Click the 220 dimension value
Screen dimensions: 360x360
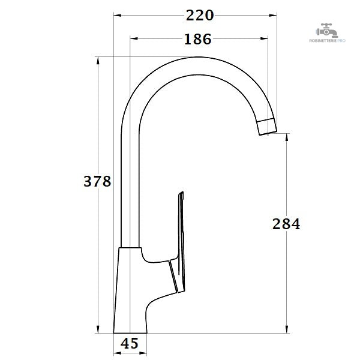(200, 16)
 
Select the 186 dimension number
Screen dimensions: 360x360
(197, 39)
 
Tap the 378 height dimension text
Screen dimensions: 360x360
(97, 181)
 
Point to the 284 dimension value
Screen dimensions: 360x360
(286, 224)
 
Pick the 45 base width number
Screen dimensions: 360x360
(130, 343)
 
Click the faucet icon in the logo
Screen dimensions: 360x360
(327, 31)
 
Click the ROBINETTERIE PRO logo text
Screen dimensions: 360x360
(327, 41)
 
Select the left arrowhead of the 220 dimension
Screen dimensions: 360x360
(118, 16)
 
